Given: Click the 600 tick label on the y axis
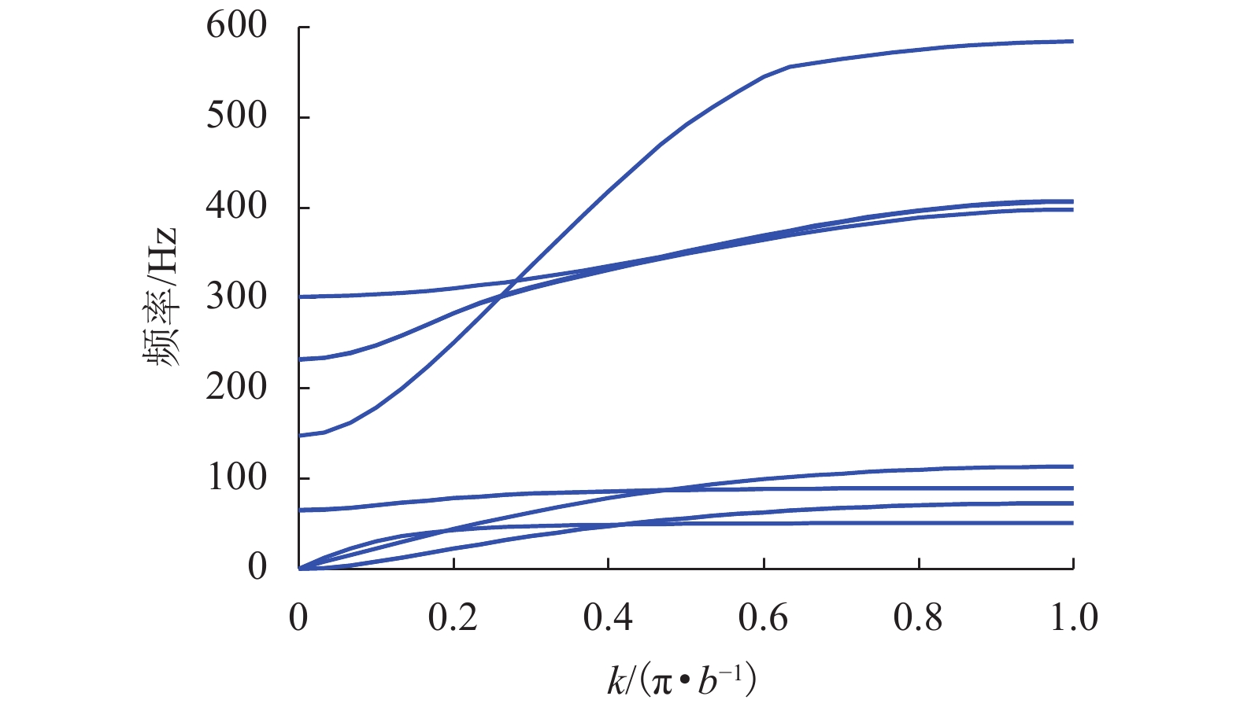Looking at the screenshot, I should (x=236, y=27).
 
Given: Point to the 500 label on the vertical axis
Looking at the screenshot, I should (x=236, y=116).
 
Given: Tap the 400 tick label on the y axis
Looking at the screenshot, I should (x=236, y=207).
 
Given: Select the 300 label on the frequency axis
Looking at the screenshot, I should (x=236, y=297).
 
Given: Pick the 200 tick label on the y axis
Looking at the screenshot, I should (x=236, y=387).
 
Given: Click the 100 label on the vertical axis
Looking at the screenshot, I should (x=236, y=477).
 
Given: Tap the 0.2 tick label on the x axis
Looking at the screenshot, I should (x=453, y=618).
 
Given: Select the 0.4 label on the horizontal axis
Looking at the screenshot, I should (x=608, y=618).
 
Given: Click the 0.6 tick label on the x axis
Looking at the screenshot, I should (x=763, y=618).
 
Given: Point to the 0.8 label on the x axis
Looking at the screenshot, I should (x=918, y=618).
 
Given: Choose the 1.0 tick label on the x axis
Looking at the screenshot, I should (x=1074, y=618).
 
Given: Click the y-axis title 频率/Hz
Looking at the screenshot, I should (x=161, y=297).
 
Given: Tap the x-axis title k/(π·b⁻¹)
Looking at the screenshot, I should (x=681, y=680).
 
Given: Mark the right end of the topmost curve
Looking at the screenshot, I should (x=1072, y=41).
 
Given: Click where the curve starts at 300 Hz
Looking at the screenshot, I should (x=300, y=297).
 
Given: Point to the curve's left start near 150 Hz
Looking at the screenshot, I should (x=300, y=435).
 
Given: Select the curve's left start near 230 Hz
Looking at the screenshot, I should (x=300, y=359).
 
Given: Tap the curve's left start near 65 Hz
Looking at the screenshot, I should (x=300, y=510).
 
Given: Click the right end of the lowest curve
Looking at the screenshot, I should (x=1072, y=523).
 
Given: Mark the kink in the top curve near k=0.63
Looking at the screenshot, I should (x=789, y=67).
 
